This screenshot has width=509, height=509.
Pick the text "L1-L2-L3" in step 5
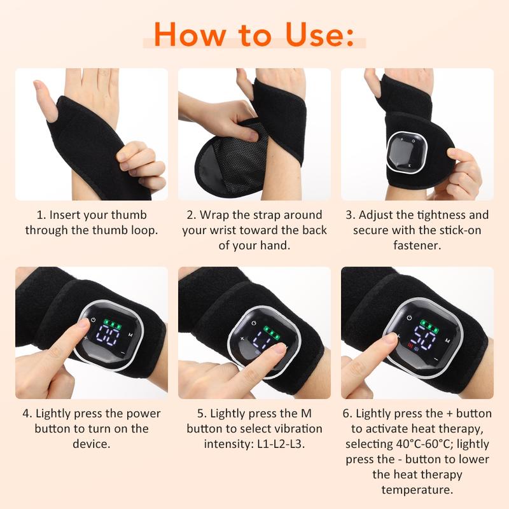click(x=279, y=443)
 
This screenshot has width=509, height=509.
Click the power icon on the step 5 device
click(x=254, y=323)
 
